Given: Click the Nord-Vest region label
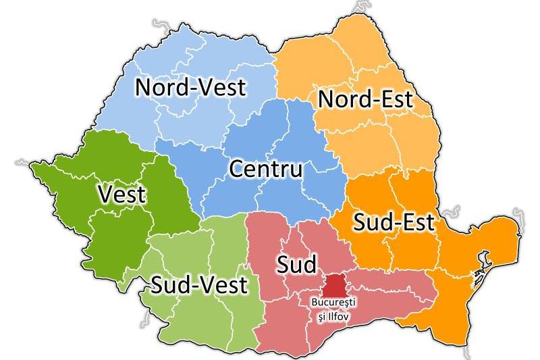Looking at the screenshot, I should tap(191, 88).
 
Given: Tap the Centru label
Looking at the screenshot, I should tap(265, 169).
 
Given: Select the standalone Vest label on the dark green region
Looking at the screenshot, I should tap(122, 195).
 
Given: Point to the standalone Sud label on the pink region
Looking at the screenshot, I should tap(296, 264).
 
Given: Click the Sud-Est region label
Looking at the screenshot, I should tap(394, 222).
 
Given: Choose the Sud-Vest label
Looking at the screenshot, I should tap(199, 285).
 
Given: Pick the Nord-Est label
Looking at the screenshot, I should tap(375, 99).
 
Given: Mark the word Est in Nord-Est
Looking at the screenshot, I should tap(412, 99).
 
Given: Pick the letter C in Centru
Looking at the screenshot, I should tap(238, 169).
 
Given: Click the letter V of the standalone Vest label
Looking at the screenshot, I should tap(105, 195).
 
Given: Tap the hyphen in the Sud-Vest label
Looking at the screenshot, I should tap(195, 286).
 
